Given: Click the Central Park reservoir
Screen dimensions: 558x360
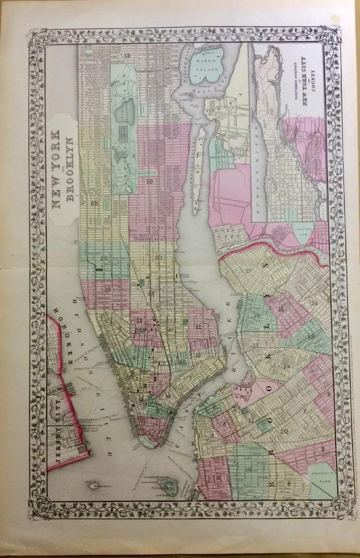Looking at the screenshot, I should coord(125,108).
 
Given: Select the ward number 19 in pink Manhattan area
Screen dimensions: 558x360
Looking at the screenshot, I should coord(150,181).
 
